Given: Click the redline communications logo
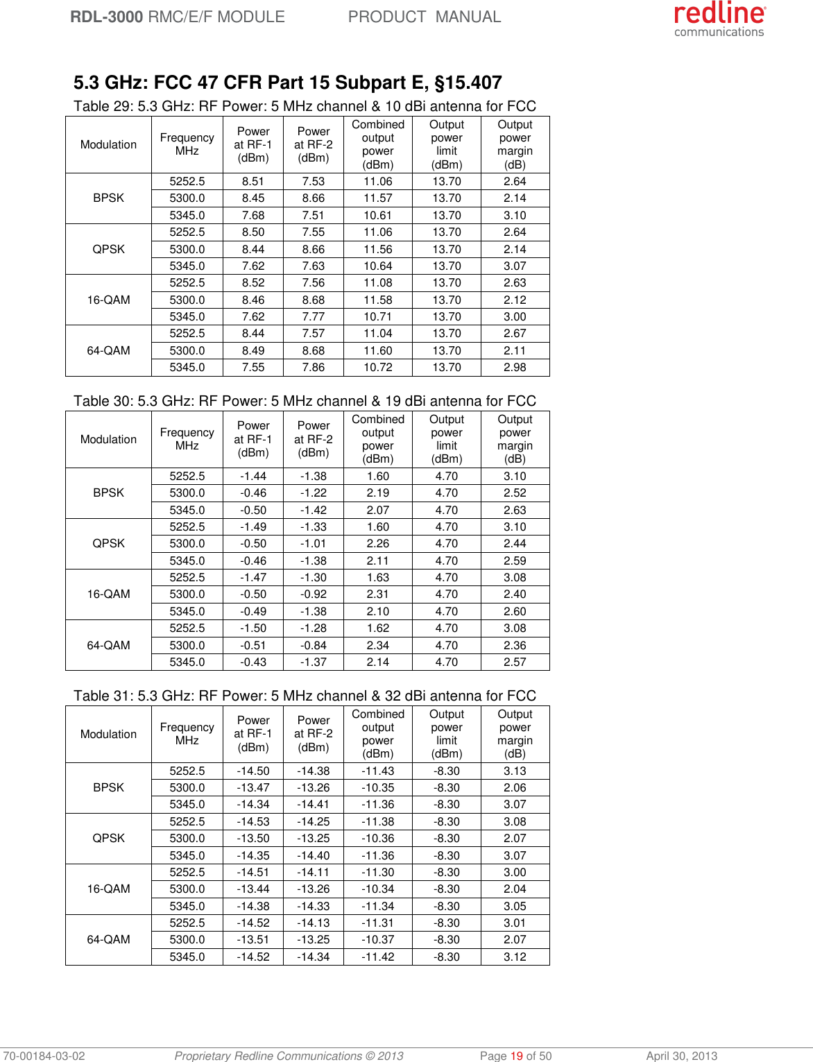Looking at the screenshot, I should [719, 19].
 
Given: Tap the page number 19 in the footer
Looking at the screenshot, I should [516, 1056].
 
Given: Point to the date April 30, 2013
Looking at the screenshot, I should [681, 1056].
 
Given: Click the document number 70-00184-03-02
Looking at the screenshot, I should [43, 1056].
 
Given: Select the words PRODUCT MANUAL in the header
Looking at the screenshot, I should [424, 17].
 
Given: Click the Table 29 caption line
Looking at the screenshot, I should [305, 106].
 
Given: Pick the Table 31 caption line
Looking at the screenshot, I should [305, 696].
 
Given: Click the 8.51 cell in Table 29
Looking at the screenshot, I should [253, 182].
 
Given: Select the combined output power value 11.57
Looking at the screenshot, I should [377, 198].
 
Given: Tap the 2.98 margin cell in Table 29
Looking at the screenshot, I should [515, 368].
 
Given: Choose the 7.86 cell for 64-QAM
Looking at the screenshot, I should [314, 368].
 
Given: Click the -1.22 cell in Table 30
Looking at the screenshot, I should [314, 493].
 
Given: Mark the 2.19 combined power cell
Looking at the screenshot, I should [377, 493].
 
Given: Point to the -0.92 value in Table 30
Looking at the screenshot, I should [314, 594].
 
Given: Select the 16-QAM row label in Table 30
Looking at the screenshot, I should [108, 594].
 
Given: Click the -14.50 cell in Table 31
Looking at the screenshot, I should [253, 771].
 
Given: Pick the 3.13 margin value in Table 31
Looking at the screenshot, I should [515, 771].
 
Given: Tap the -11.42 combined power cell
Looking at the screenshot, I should [377, 957].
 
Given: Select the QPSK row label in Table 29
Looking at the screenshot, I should [108, 249].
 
